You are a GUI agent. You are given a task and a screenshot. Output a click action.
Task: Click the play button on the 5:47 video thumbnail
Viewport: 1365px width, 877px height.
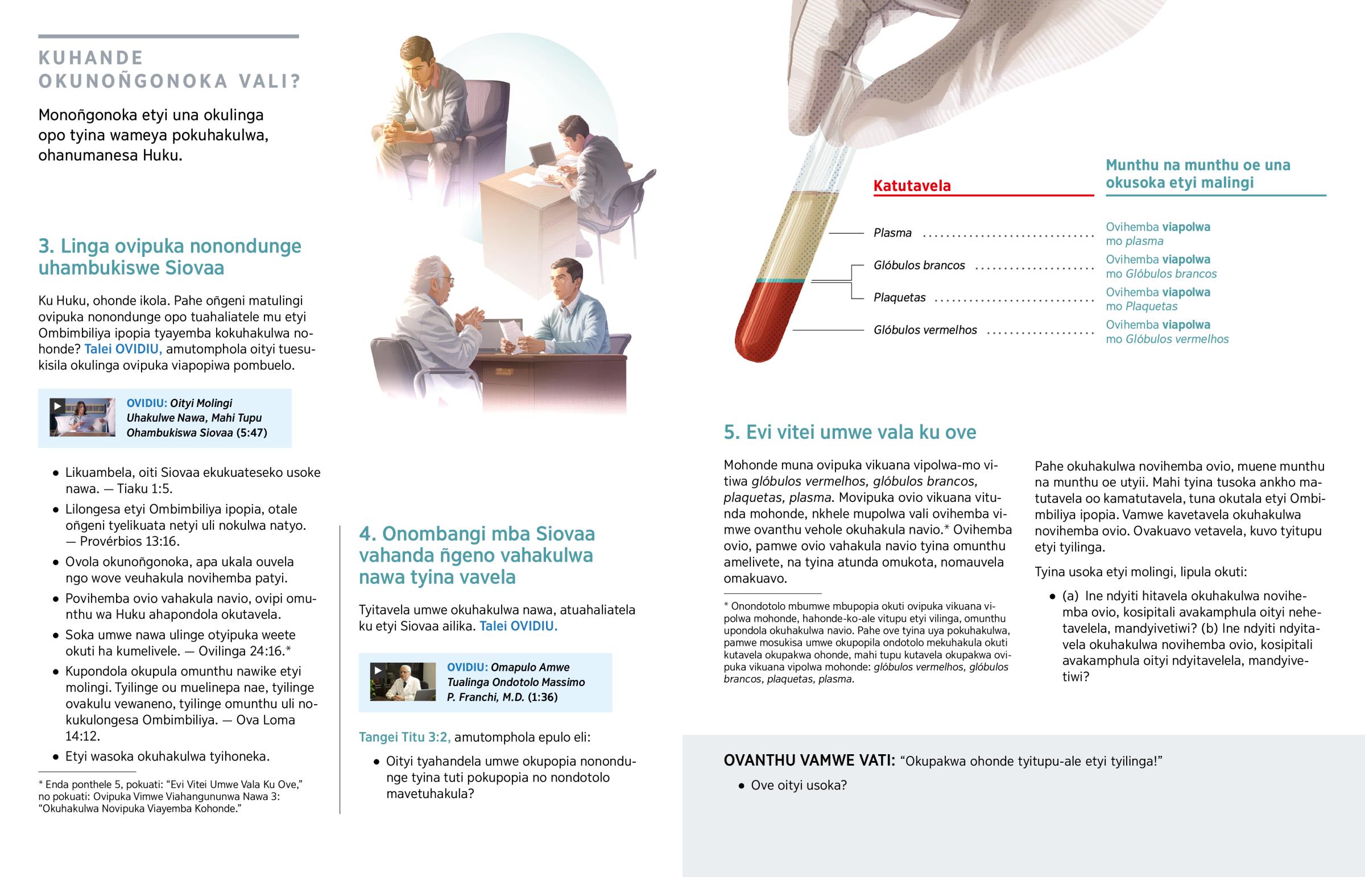click(x=57, y=406)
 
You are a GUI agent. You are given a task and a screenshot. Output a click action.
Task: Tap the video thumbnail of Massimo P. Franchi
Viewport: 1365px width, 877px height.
click(x=403, y=681)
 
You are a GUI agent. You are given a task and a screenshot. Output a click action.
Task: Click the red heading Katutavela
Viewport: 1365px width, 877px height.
click(x=912, y=186)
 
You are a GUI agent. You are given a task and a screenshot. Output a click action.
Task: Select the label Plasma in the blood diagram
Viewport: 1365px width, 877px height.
click(x=892, y=233)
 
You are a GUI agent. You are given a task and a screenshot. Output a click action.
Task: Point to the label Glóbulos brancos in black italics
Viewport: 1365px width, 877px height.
click(x=919, y=265)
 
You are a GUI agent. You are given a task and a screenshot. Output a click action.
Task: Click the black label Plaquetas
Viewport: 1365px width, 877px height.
click(x=900, y=298)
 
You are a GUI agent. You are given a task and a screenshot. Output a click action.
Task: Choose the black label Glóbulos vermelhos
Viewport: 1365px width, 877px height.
click(x=925, y=330)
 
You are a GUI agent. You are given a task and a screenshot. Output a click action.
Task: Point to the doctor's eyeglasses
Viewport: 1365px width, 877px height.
click(x=448, y=280)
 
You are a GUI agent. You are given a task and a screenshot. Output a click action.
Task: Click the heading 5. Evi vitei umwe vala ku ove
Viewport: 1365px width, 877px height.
click(x=849, y=432)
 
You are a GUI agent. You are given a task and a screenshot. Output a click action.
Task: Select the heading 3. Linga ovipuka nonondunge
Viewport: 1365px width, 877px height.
click(x=169, y=257)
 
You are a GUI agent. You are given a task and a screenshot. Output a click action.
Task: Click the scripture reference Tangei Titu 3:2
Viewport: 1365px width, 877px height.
click(x=404, y=737)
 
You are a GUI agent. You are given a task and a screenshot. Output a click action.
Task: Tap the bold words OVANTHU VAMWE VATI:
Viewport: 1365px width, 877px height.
click(x=809, y=761)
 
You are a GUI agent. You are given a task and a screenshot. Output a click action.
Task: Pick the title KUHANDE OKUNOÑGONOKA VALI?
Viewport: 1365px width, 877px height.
click(x=168, y=69)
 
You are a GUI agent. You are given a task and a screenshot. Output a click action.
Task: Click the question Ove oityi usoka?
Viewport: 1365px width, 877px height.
click(x=798, y=785)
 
